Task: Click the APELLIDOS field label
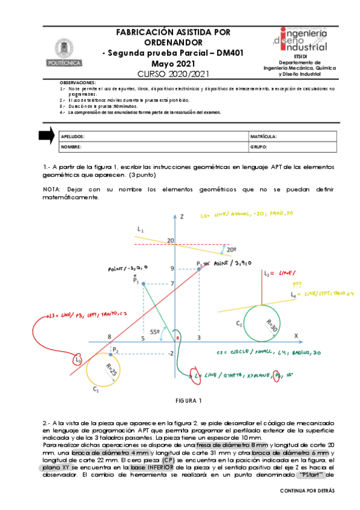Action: pos(73,137)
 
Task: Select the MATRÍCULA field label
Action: pos(263,137)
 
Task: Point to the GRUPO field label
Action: pos(258,146)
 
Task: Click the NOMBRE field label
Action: pos(71,146)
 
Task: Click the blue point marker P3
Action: pos(199,269)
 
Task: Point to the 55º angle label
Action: pos(154,331)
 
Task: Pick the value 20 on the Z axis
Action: pos(171,241)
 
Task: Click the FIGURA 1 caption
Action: pos(189,400)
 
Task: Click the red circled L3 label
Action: pos(78,360)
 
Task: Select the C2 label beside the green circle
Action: pos(239,324)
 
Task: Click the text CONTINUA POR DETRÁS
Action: pos(307,491)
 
